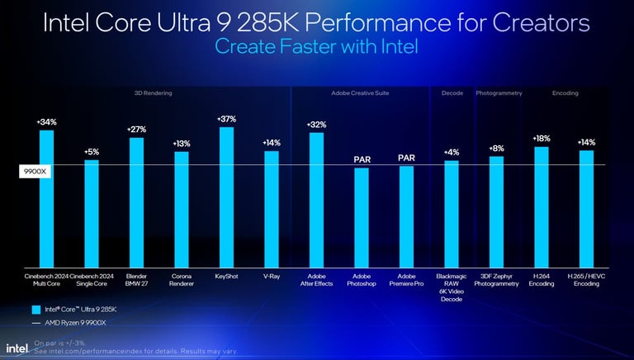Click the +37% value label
[226, 119]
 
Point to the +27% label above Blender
[136, 130]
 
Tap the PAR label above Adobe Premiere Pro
[406, 158]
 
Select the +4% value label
[452, 152]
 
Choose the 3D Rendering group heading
[153, 93]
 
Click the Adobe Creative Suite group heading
[360, 93]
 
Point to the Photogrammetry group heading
[499, 93]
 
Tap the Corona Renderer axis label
[182, 280]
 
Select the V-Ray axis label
[271, 276]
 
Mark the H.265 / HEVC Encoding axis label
[586, 280]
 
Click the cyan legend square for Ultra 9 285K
[35, 309]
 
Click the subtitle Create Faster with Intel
[316, 46]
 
